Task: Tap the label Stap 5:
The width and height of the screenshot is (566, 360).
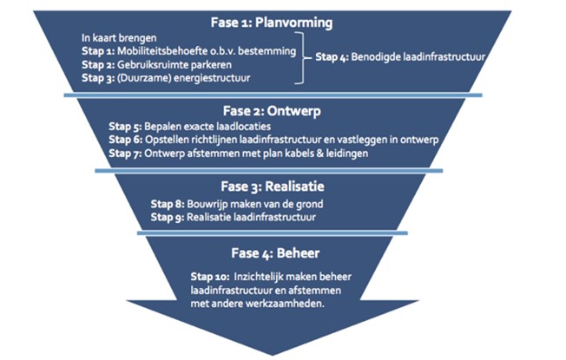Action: pyautogui.click(x=127, y=127)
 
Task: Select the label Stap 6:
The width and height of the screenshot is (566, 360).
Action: pyautogui.click(x=127, y=140)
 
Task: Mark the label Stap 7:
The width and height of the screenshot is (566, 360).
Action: pyautogui.click(x=127, y=153)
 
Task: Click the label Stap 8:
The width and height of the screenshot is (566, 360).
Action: pyautogui.click(x=168, y=205)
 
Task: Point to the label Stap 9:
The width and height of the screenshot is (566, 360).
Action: pyautogui.click(x=168, y=218)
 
